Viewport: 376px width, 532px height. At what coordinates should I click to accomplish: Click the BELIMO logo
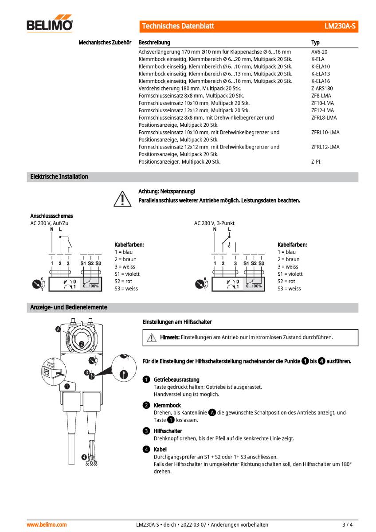pos(50,25)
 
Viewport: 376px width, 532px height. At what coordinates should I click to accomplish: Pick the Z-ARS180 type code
pos(322,88)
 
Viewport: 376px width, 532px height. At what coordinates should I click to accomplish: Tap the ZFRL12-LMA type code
pos(325,147)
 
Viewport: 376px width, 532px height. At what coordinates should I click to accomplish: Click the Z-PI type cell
pos(316,162)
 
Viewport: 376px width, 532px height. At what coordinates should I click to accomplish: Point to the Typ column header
pos(315,43)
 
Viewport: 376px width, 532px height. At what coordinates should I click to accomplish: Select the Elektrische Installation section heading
pos(59,176)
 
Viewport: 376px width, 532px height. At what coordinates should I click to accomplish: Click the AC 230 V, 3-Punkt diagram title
pos(214,223)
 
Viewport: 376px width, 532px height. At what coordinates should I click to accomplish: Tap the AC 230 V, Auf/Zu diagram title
pos(49,223)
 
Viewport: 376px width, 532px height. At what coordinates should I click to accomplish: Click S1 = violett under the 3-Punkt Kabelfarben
pos(290,274)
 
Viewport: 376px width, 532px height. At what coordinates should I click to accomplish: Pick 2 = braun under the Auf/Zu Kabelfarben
pos(125,259)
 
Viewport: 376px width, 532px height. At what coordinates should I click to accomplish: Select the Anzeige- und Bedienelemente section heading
pos(68,307)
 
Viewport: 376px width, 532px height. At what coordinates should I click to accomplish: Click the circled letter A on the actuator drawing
pos(59,329)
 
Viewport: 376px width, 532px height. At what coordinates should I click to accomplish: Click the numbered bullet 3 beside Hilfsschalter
pos(146,431)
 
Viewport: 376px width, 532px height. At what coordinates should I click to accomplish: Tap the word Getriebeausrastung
pos(176,379)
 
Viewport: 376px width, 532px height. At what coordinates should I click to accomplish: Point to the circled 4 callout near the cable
pos(84,457)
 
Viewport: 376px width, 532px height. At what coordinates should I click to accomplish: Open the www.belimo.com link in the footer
pos(47,524)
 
